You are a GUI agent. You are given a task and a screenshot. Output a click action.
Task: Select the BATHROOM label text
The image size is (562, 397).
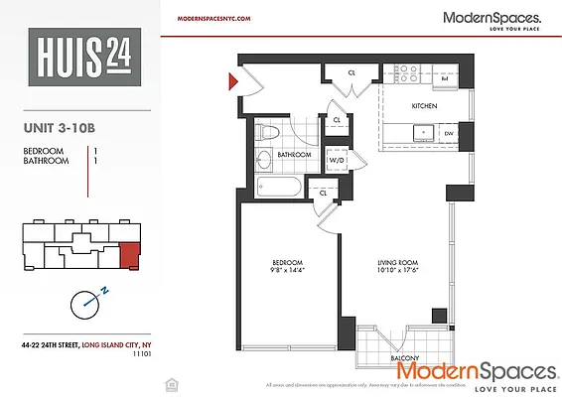pyautogui.click(x=295, y=155)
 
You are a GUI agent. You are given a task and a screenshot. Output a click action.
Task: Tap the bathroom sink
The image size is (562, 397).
pyautogui.click(x=265, y=161)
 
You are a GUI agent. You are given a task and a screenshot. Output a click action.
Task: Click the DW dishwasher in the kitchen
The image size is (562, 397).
pyautogui.click(x=449, y=132)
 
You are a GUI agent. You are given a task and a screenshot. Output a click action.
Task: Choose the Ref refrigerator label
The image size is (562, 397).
pyautogui.click(x=444, y=75)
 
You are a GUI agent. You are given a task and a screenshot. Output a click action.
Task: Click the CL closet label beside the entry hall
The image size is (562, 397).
pyautogui.click(x=352, y=72)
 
